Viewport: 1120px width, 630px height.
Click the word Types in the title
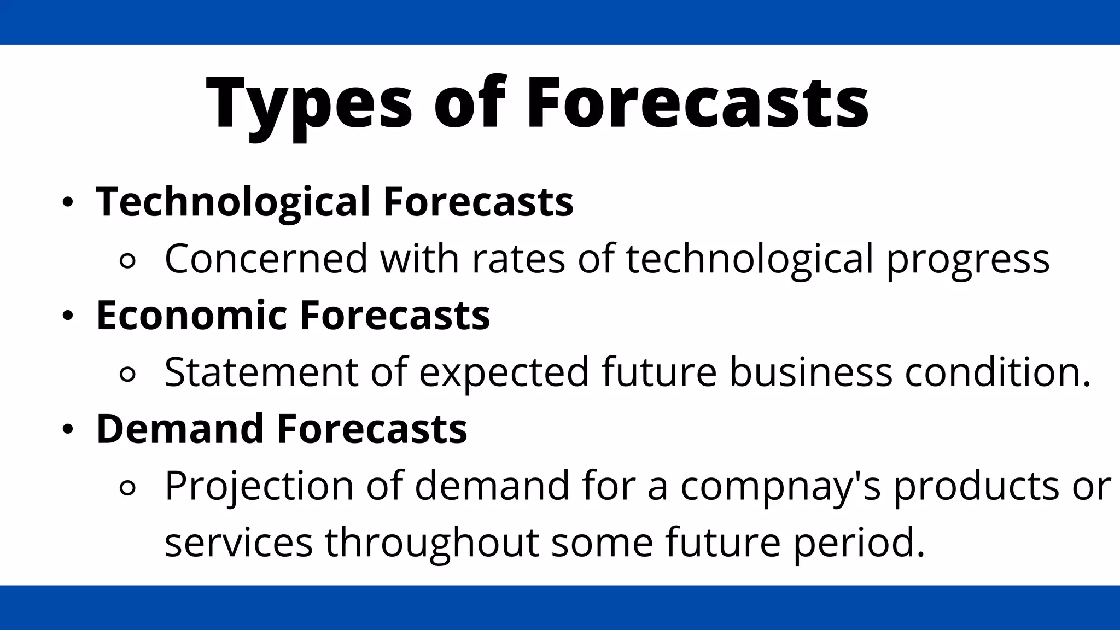tap(309, 104)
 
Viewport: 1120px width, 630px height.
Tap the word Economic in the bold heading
tap(191, 316)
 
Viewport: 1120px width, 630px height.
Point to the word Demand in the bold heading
tap(180, 429)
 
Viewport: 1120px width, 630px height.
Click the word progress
tap(967, 259)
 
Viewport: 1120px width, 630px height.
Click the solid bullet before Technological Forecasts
tap(67, 202)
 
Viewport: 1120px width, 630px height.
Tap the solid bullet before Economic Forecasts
tap(67, 316)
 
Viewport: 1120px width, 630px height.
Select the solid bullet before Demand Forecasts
tap(67, 429)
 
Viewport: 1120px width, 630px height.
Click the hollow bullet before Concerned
tap(127, 261)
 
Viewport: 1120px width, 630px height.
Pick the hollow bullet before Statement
tap(127, 375)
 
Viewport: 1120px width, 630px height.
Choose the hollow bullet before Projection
tap(127, 488)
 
